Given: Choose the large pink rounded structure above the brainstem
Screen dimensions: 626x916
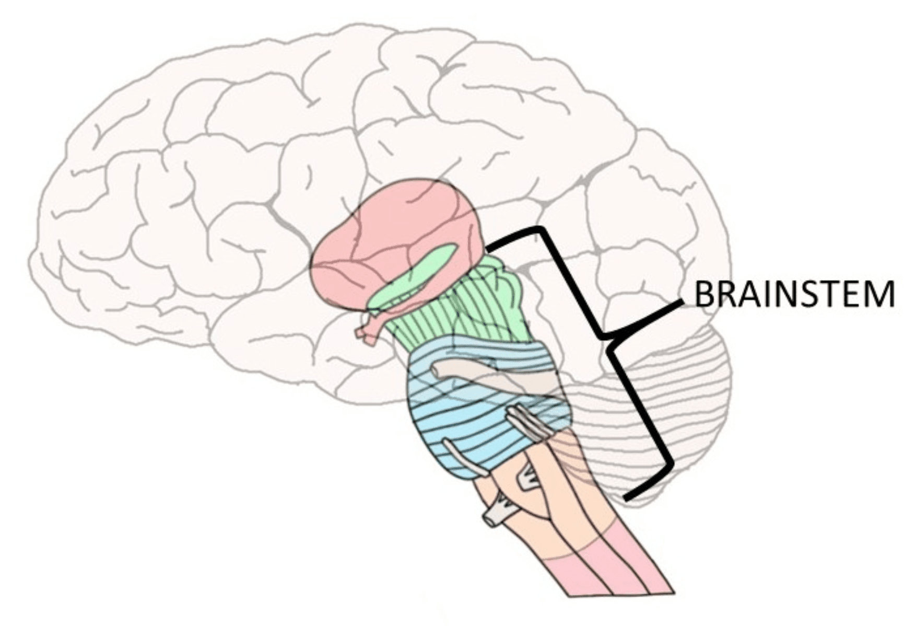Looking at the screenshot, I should tap(397, 230).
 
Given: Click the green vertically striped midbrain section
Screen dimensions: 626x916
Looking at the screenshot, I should tap(460, 308).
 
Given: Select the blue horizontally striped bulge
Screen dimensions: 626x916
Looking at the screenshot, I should tap(470, 418).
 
